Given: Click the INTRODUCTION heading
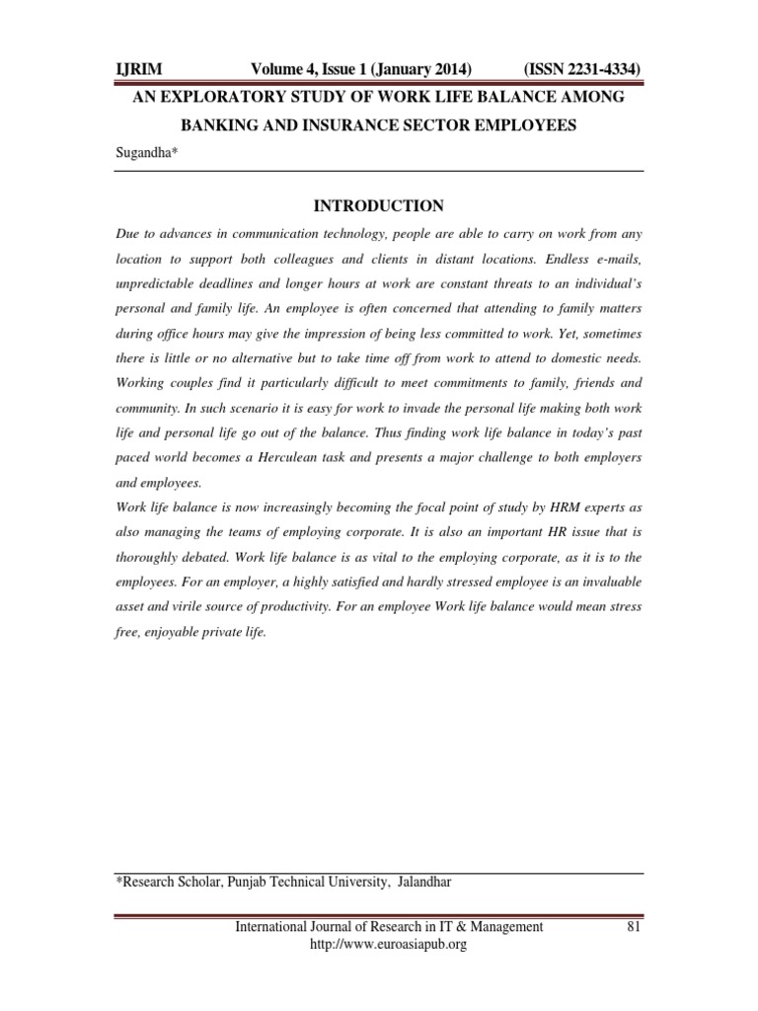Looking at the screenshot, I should point(378,206).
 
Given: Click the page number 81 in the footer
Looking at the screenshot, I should point(635,926).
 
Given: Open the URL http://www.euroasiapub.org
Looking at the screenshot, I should point(388,944).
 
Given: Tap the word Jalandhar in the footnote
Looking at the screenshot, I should point(425,882).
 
